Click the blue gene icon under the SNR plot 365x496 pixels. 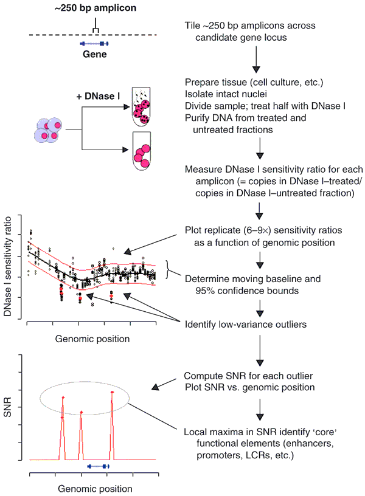coord(98,466)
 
